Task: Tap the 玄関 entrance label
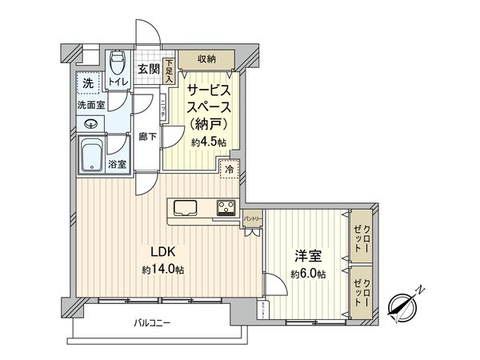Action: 147,70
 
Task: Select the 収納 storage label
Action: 206,58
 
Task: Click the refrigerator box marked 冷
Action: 230,170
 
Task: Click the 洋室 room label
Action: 308,256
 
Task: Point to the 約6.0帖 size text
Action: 308,274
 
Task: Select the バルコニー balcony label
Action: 152,323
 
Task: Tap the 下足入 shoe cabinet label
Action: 170,73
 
